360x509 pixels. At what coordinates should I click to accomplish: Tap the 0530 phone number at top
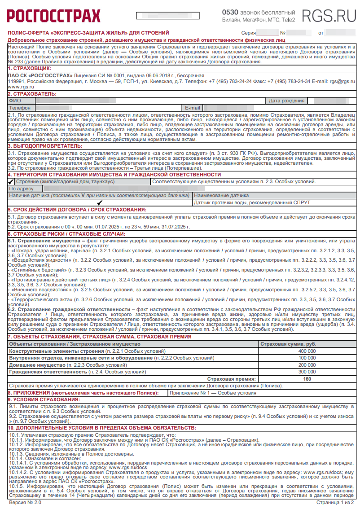point(232,12)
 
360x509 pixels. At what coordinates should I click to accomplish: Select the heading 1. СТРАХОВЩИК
point(30,67)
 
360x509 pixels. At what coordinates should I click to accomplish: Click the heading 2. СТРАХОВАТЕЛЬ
point(32,94)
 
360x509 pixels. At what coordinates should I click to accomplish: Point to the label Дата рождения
point(286,101)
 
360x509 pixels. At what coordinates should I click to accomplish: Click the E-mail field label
point(193,108)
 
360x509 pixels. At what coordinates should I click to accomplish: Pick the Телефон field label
point(20,108)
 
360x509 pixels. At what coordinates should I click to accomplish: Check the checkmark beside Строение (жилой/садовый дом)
point(11,182)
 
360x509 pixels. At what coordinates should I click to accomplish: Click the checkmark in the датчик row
point(100,202)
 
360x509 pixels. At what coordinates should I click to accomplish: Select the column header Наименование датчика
point(221,196)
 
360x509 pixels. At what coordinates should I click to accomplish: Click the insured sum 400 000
point(307,351)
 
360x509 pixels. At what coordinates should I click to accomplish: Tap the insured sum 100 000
point(307,358)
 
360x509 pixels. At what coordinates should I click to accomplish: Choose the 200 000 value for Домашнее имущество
point(307,365)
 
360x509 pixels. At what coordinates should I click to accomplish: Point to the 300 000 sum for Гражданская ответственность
point(307,372)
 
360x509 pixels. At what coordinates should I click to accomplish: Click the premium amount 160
point(307,379)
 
